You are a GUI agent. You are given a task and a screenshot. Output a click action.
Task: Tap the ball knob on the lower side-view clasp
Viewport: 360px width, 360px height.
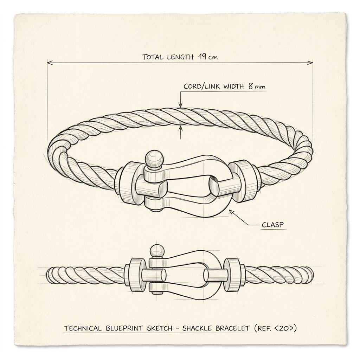click(x=157, y=252)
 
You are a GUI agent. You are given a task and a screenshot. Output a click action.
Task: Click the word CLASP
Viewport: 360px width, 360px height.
click(x=273, y=225)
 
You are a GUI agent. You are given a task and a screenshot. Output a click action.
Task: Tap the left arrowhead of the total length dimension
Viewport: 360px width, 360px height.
click(x=50, y=62)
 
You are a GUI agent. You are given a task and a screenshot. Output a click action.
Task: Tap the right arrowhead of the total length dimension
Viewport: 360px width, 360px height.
click(x=310, y=62)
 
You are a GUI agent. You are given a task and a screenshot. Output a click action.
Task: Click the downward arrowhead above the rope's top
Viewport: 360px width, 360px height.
click(x=181, y=105)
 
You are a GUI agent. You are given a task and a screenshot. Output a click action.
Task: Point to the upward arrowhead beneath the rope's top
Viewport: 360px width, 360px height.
click(x=181, y=128)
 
